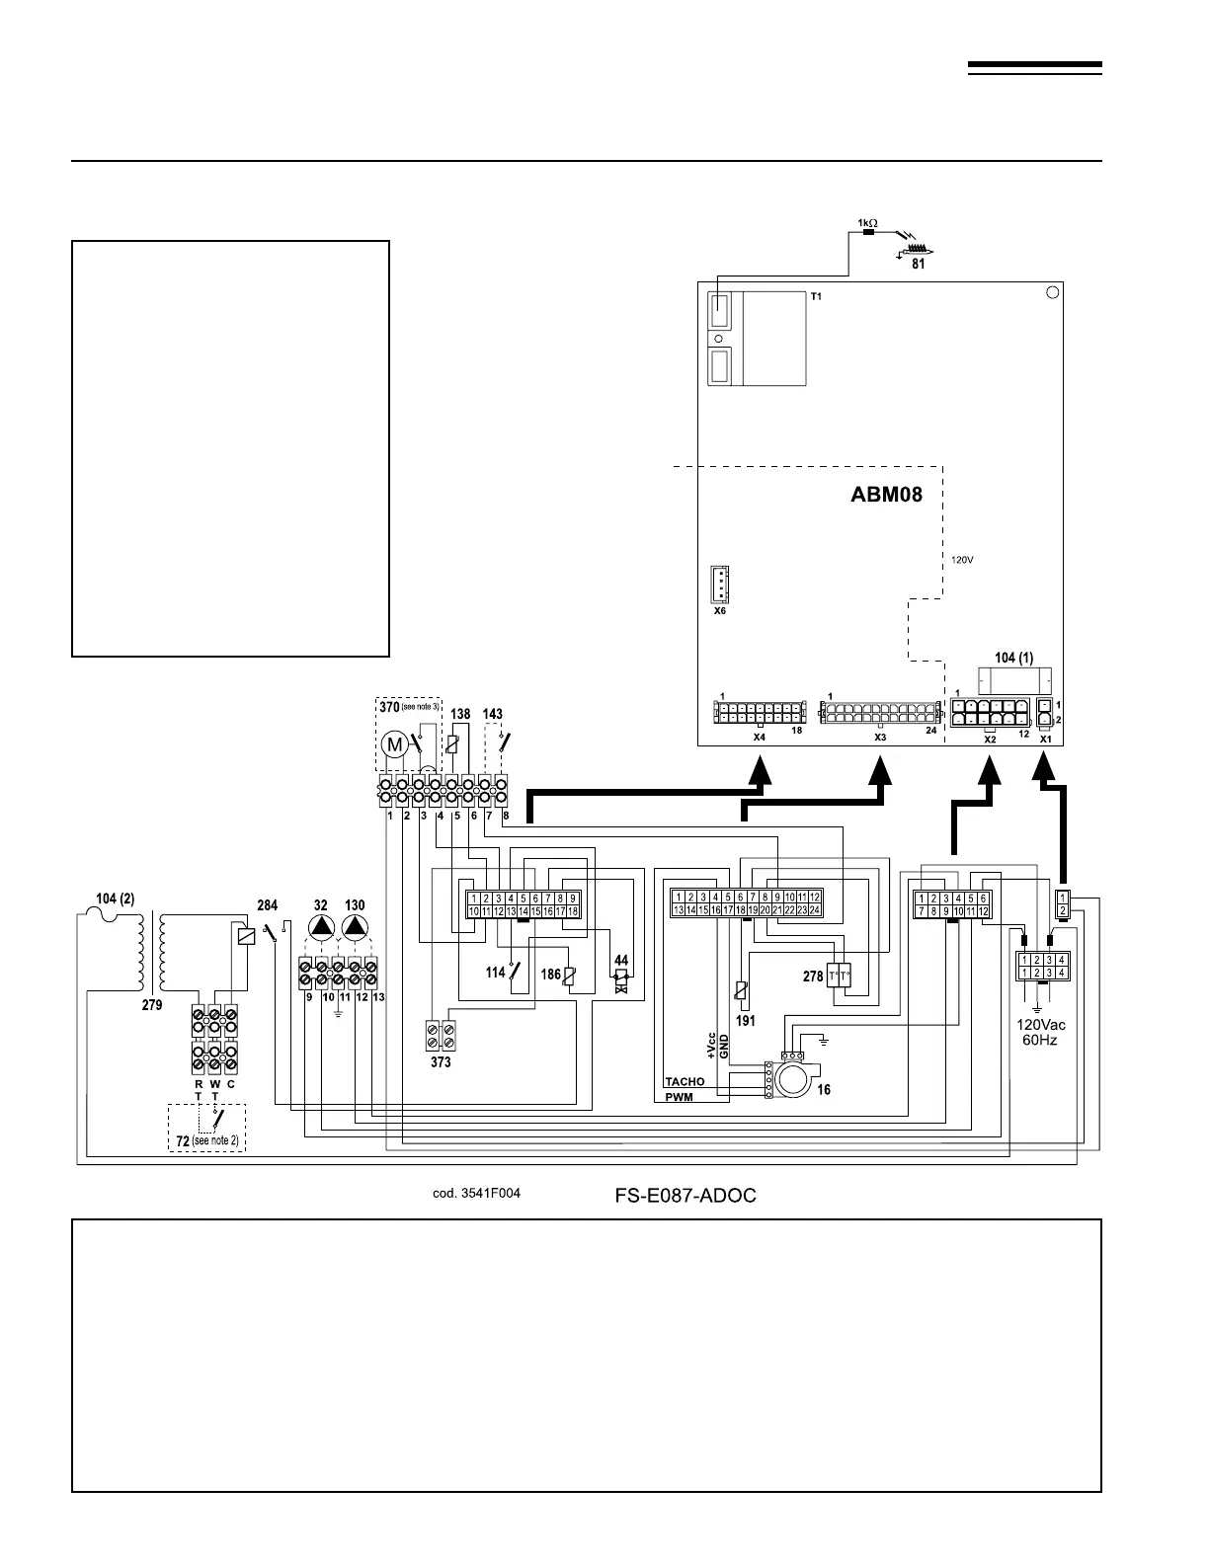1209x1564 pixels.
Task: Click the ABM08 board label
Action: tap(886, 494)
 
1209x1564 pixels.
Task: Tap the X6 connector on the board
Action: tap(721, 586)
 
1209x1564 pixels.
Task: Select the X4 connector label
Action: tap(759, 737)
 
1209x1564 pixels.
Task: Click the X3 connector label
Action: tap(880, 737)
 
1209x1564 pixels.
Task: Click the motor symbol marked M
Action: tap(394, 743)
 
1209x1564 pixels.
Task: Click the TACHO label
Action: tap(685, 1081)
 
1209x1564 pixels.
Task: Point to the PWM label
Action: tap(679, 1097)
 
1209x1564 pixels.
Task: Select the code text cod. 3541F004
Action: tap(476, 1193)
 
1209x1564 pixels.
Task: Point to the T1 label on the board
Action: tap(816, 295)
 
